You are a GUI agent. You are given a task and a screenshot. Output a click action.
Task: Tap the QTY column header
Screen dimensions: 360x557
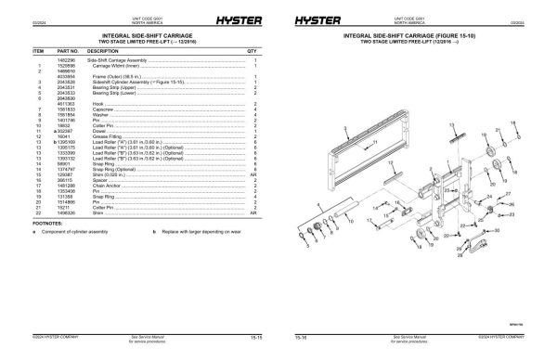[x=252, y=51]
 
